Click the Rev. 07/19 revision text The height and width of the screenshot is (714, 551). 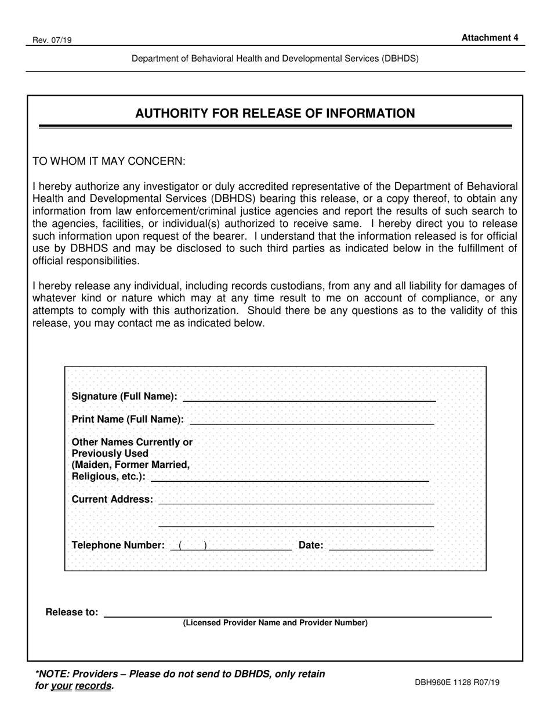click(49, 41)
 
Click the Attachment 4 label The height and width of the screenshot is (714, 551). click(490, 38)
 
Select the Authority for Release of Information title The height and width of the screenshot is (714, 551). click(275, 113)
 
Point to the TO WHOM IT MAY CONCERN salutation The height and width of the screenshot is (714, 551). click(109, 161)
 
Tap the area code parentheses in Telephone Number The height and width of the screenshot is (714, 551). click(193, 545)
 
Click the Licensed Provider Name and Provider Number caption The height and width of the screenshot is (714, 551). click(275, 623)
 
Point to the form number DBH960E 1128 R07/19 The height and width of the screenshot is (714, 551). click(457, 683)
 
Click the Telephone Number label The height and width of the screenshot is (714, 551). click(118, 545)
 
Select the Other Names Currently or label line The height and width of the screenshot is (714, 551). click(132, 442)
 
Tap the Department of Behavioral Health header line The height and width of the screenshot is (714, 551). click(275, 59)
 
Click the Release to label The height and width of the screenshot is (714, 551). click(72, 612)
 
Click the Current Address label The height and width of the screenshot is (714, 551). click(113, 499)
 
